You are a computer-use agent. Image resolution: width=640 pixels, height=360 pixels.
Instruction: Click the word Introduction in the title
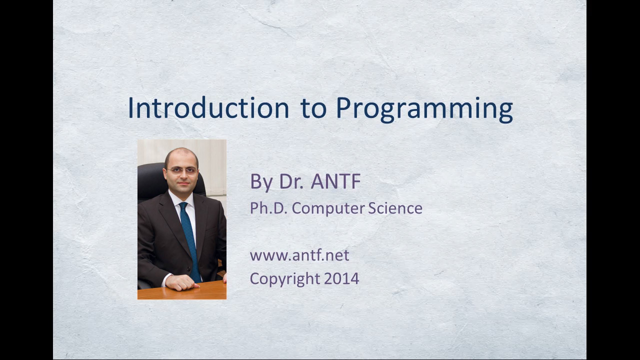208,107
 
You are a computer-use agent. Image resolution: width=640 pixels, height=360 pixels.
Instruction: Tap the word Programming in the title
424,109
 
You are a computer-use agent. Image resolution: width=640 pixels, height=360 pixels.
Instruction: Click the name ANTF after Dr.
335,181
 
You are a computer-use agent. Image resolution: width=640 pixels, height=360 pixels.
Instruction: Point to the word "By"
261,182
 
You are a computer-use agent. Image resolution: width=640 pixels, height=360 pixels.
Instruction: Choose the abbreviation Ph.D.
268,208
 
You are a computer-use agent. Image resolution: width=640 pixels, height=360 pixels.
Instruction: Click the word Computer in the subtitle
328,209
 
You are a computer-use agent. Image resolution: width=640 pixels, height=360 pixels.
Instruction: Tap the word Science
395,208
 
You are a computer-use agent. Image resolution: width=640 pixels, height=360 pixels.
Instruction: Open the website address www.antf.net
299,255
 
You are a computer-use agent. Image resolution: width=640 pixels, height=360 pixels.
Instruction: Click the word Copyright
285,279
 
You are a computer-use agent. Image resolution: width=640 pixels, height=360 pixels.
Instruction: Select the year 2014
341,278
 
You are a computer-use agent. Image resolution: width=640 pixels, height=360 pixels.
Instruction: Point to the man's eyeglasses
182,171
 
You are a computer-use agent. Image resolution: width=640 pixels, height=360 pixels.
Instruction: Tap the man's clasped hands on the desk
181,282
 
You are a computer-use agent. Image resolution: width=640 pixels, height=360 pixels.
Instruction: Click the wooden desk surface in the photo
182,291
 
